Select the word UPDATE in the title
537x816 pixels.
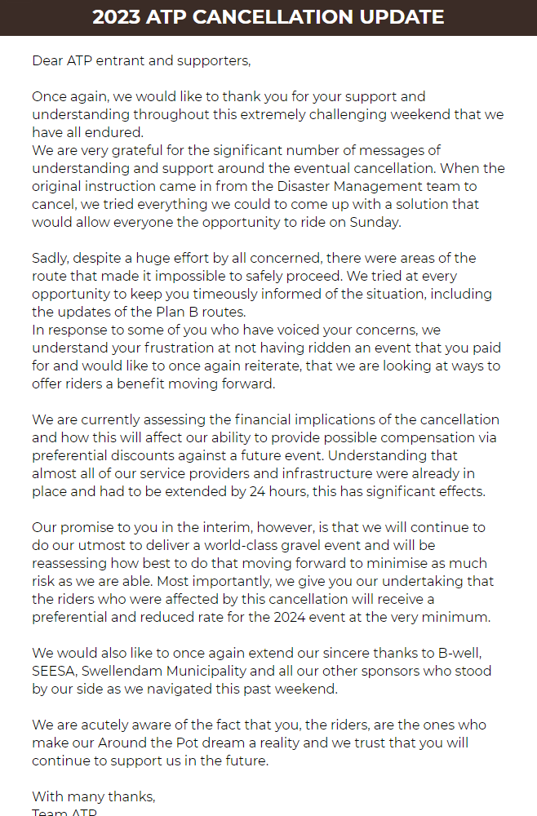(405, 17)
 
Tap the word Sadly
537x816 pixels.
(51, 258)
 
